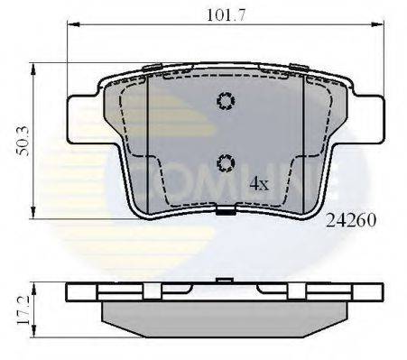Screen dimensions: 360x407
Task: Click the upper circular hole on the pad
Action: click(226, 102)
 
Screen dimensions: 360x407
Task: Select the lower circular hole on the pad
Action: click(226, 162)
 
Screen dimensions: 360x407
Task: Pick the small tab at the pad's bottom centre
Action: click(226, 214)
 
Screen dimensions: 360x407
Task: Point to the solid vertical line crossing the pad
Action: click(146, 144)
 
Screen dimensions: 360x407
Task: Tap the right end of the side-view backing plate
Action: click(376, 292)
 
